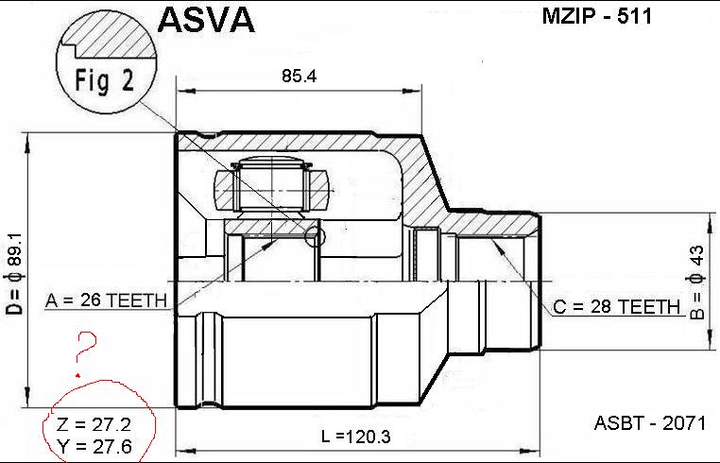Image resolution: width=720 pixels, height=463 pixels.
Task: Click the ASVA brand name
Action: (x=206, y=20)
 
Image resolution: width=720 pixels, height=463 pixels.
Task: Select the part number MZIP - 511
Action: (x=596, y=17)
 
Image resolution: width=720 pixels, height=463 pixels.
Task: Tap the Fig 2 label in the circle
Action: (x=105, y=80)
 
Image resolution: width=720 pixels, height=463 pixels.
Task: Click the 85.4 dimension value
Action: (x=299, y=76)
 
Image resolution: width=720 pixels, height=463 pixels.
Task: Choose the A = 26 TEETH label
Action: (x=106, y=300)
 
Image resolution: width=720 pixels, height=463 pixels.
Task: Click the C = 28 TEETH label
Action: (x=616, y=306)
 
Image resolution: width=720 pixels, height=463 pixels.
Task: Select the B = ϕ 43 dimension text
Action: (x=696, y=282)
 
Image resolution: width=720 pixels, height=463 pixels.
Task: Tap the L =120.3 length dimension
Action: (x=356, y=436)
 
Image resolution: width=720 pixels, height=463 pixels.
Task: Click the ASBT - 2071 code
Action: (x=650, y=422)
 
